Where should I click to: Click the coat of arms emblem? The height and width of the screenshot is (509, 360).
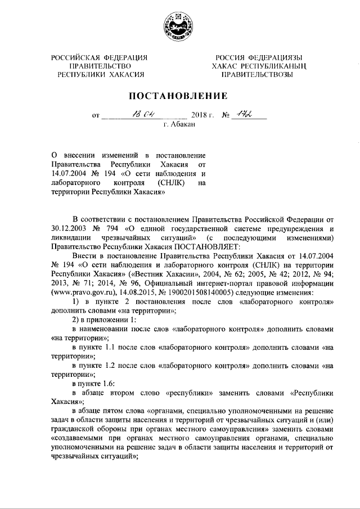click(x=179, y=26)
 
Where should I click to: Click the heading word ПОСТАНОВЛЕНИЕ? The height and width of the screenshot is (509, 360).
click(x=179, y=96)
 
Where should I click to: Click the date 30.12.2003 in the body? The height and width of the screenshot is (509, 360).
click(x=68, y=228)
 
